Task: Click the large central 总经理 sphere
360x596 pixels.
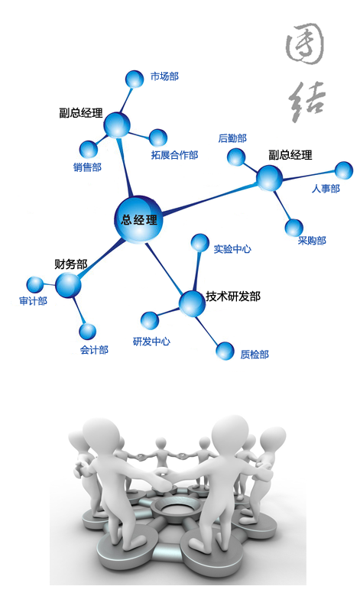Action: tap(138, 219)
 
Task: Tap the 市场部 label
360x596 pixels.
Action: tap(164, 76)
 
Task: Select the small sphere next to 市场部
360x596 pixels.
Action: tap(135, 79)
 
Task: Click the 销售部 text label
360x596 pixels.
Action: tap(87, 167)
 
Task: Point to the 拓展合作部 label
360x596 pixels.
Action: tap(174, 154)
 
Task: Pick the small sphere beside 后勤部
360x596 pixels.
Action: tap(236, 157)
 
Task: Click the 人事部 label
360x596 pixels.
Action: tap(326, 188)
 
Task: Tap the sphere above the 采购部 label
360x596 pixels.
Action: tap(294, 228)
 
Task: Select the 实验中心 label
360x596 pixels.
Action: tap(232, 249)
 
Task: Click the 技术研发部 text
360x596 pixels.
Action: tap(233, 296)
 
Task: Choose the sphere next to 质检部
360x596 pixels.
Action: tap(225, 351)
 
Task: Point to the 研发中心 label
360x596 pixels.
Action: tap(151, 342)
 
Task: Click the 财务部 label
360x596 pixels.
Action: tap(71, 264)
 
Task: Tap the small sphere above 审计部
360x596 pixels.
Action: tap(35, 285)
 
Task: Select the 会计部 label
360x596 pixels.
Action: tap(94, 350)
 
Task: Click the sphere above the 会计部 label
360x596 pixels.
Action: tap(88, 331)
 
